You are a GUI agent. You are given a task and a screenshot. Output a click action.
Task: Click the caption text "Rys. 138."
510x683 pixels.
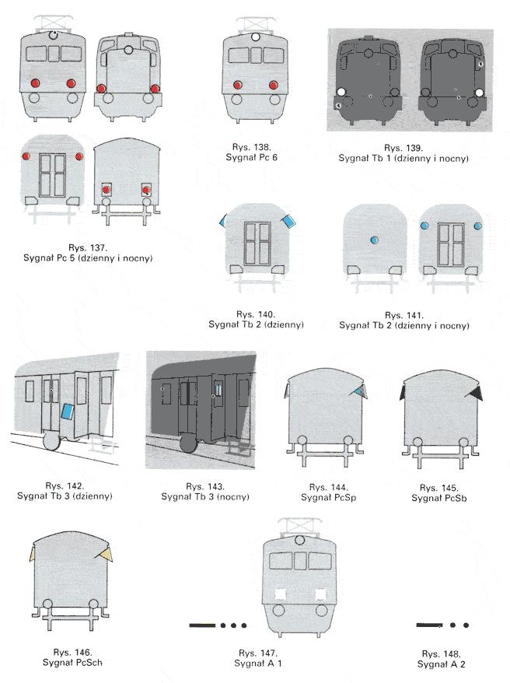coord(252,147)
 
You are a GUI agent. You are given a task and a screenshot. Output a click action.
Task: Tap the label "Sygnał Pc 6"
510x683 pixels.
coord(252,157)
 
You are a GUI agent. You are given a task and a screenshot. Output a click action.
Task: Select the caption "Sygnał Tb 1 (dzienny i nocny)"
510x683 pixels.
coord(403,158)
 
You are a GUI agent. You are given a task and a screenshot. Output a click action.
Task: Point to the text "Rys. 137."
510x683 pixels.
coord(88,248)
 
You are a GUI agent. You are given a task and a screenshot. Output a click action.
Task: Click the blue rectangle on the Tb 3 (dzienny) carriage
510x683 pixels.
coord(67,412)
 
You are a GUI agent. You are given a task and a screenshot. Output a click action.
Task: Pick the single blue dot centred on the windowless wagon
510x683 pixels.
coord(374,240)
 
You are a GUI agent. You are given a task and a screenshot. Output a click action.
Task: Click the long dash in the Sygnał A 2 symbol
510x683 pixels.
coord(429,625)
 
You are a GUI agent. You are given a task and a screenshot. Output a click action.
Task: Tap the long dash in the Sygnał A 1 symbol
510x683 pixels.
coord(202,625)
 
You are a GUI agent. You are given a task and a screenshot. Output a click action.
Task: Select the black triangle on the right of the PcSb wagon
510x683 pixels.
coord(474,394)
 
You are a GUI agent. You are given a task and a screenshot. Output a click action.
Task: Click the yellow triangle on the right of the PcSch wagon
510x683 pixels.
coord(106,554)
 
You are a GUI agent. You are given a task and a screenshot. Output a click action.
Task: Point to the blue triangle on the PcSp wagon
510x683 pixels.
coord(359,392)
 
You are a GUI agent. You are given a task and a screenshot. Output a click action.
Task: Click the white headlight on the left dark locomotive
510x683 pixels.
coord(341,92)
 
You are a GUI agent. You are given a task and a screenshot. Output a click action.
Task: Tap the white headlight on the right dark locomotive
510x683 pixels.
coord(479,93)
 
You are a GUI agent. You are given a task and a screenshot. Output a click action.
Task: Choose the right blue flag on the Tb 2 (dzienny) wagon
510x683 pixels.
coord(288,221)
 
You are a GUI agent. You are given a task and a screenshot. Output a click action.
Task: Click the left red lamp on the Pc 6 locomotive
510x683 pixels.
coord(238,85)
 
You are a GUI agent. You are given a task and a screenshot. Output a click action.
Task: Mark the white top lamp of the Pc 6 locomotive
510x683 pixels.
coord(256,37)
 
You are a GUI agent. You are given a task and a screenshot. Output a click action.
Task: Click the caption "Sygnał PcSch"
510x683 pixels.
coord(72,663)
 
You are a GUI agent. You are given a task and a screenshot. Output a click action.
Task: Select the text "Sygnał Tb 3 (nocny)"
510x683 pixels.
coord(205,496)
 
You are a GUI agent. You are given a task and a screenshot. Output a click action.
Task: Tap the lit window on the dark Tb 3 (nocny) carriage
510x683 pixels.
coord(218,388)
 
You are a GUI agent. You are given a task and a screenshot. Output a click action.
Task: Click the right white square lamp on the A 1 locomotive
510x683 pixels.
coord(320,594)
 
